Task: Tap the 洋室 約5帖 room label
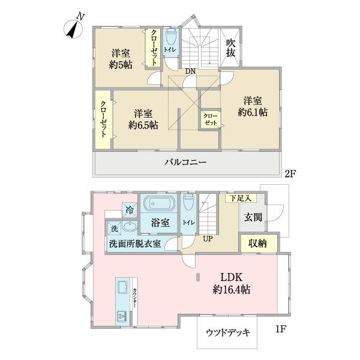[x=121, y=58]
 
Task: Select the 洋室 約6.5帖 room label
[x=143, y=119]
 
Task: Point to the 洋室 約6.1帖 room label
[x=252, y=106]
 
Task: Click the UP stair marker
[x=207, y=239]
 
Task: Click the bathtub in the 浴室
[x=158, y=203]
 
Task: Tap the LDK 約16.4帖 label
[x=230, y=283]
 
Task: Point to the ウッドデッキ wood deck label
[x=227, y=332]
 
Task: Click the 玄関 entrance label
[x=253, y=217]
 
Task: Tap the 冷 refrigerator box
[x=130, y=210]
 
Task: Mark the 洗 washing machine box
[x=114, y=229]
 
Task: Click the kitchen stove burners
[x=122, y=316]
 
